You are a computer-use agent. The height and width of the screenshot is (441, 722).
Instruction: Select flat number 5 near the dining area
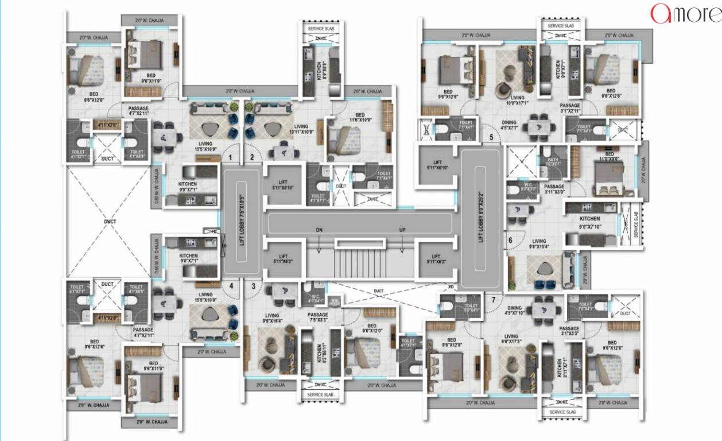[491, 137]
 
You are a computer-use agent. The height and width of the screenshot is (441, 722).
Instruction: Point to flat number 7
[494, 299]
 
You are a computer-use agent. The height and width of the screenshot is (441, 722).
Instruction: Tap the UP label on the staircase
[403, 230]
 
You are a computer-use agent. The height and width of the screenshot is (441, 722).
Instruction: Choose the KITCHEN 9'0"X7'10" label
[589, 222]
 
